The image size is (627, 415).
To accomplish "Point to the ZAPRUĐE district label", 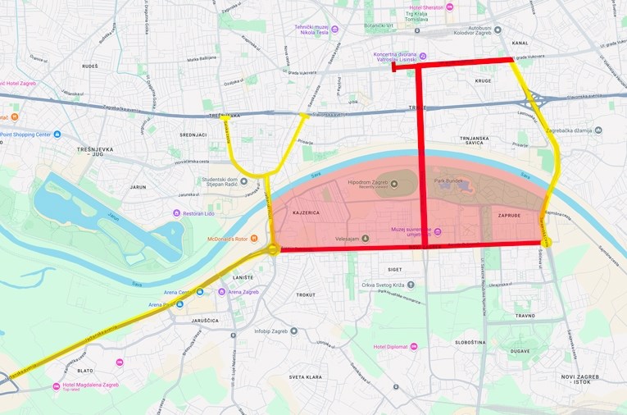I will [509, 215].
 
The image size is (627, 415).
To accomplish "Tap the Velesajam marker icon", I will [366, 239].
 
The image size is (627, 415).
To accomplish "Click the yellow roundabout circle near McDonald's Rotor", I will [273, 249].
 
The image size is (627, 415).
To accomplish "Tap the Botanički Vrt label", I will [380, 25].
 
